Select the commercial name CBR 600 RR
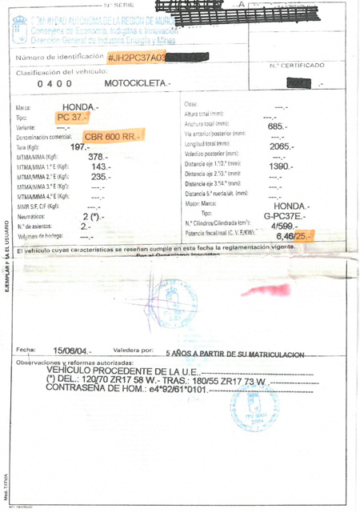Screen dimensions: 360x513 [111, 137]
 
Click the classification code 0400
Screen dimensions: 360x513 [54, 84]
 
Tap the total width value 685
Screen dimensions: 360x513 [278, 126]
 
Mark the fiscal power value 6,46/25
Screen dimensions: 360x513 [291, 237]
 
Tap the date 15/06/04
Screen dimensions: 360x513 [72, 351]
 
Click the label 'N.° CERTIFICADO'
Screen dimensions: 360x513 [297, 65]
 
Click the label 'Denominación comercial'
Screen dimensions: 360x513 [45, 138]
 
